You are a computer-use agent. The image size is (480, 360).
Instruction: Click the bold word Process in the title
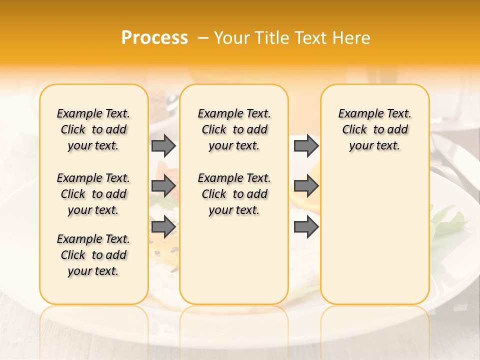(x=154, y=38)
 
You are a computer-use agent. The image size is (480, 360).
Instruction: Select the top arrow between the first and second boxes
(x=163, y=145)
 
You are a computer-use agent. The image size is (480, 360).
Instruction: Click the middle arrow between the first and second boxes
(x=163, y=186)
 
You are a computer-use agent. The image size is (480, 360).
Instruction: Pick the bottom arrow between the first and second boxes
(x=163, y=226)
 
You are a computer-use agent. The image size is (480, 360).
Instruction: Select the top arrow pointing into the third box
(x=306, y=145)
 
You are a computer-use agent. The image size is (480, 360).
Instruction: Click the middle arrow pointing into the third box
(x=306, y=186)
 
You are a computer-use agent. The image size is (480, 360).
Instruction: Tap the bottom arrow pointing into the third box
(x=306, y=226)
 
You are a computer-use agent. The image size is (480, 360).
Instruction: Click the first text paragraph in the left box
(x=93, y=129)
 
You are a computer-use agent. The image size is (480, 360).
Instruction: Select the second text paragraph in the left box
(x=93, y=194)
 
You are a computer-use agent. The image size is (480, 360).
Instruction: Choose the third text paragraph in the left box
(x=93, y=255)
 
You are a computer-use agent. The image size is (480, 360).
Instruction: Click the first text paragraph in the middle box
(x=234, y=129)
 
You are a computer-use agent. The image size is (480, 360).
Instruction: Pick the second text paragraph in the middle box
(x=234, y=194)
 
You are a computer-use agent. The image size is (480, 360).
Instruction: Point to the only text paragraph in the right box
(x=374, y=129)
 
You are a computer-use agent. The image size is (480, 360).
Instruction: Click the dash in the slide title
(x=202, y=38)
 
